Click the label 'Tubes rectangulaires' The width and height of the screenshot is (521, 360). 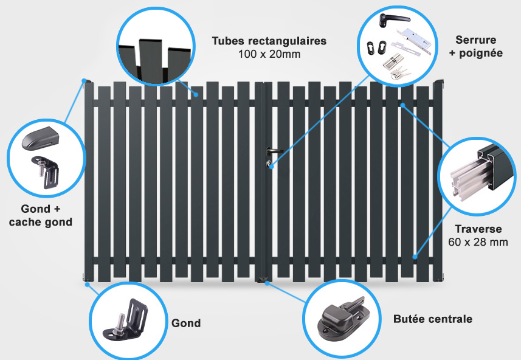[269, 41]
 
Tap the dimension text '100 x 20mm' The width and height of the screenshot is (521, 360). [269, 54]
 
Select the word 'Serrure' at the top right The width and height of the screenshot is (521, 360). [476, 40]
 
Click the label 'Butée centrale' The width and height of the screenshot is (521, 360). [433, 319]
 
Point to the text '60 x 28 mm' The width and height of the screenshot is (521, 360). [478, 242]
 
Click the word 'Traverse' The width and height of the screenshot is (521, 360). [478, 229]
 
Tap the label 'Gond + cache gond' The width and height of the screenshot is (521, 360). [41, 215]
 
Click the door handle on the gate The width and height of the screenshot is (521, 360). [273, 151]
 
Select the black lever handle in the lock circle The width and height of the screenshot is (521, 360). [393, 20]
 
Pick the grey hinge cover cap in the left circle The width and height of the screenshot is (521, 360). [40, 138]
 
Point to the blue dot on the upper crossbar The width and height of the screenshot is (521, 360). [402, 105]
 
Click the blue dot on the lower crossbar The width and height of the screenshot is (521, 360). [415, 257]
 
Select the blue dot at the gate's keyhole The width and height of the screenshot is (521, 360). [271, 166]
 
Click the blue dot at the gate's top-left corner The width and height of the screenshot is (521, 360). [85, 80]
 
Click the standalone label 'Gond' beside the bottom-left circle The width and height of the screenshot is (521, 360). [186, 323]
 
